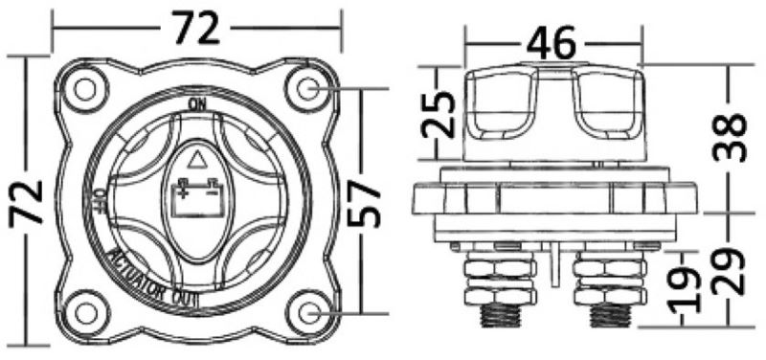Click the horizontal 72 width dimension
point(197,30)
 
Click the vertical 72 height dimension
point(26,202)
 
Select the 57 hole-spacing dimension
point(364,202)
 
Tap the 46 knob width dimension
point(552,43)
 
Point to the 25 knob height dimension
point(438,114)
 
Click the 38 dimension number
point(730,137)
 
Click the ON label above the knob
point(197,104)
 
